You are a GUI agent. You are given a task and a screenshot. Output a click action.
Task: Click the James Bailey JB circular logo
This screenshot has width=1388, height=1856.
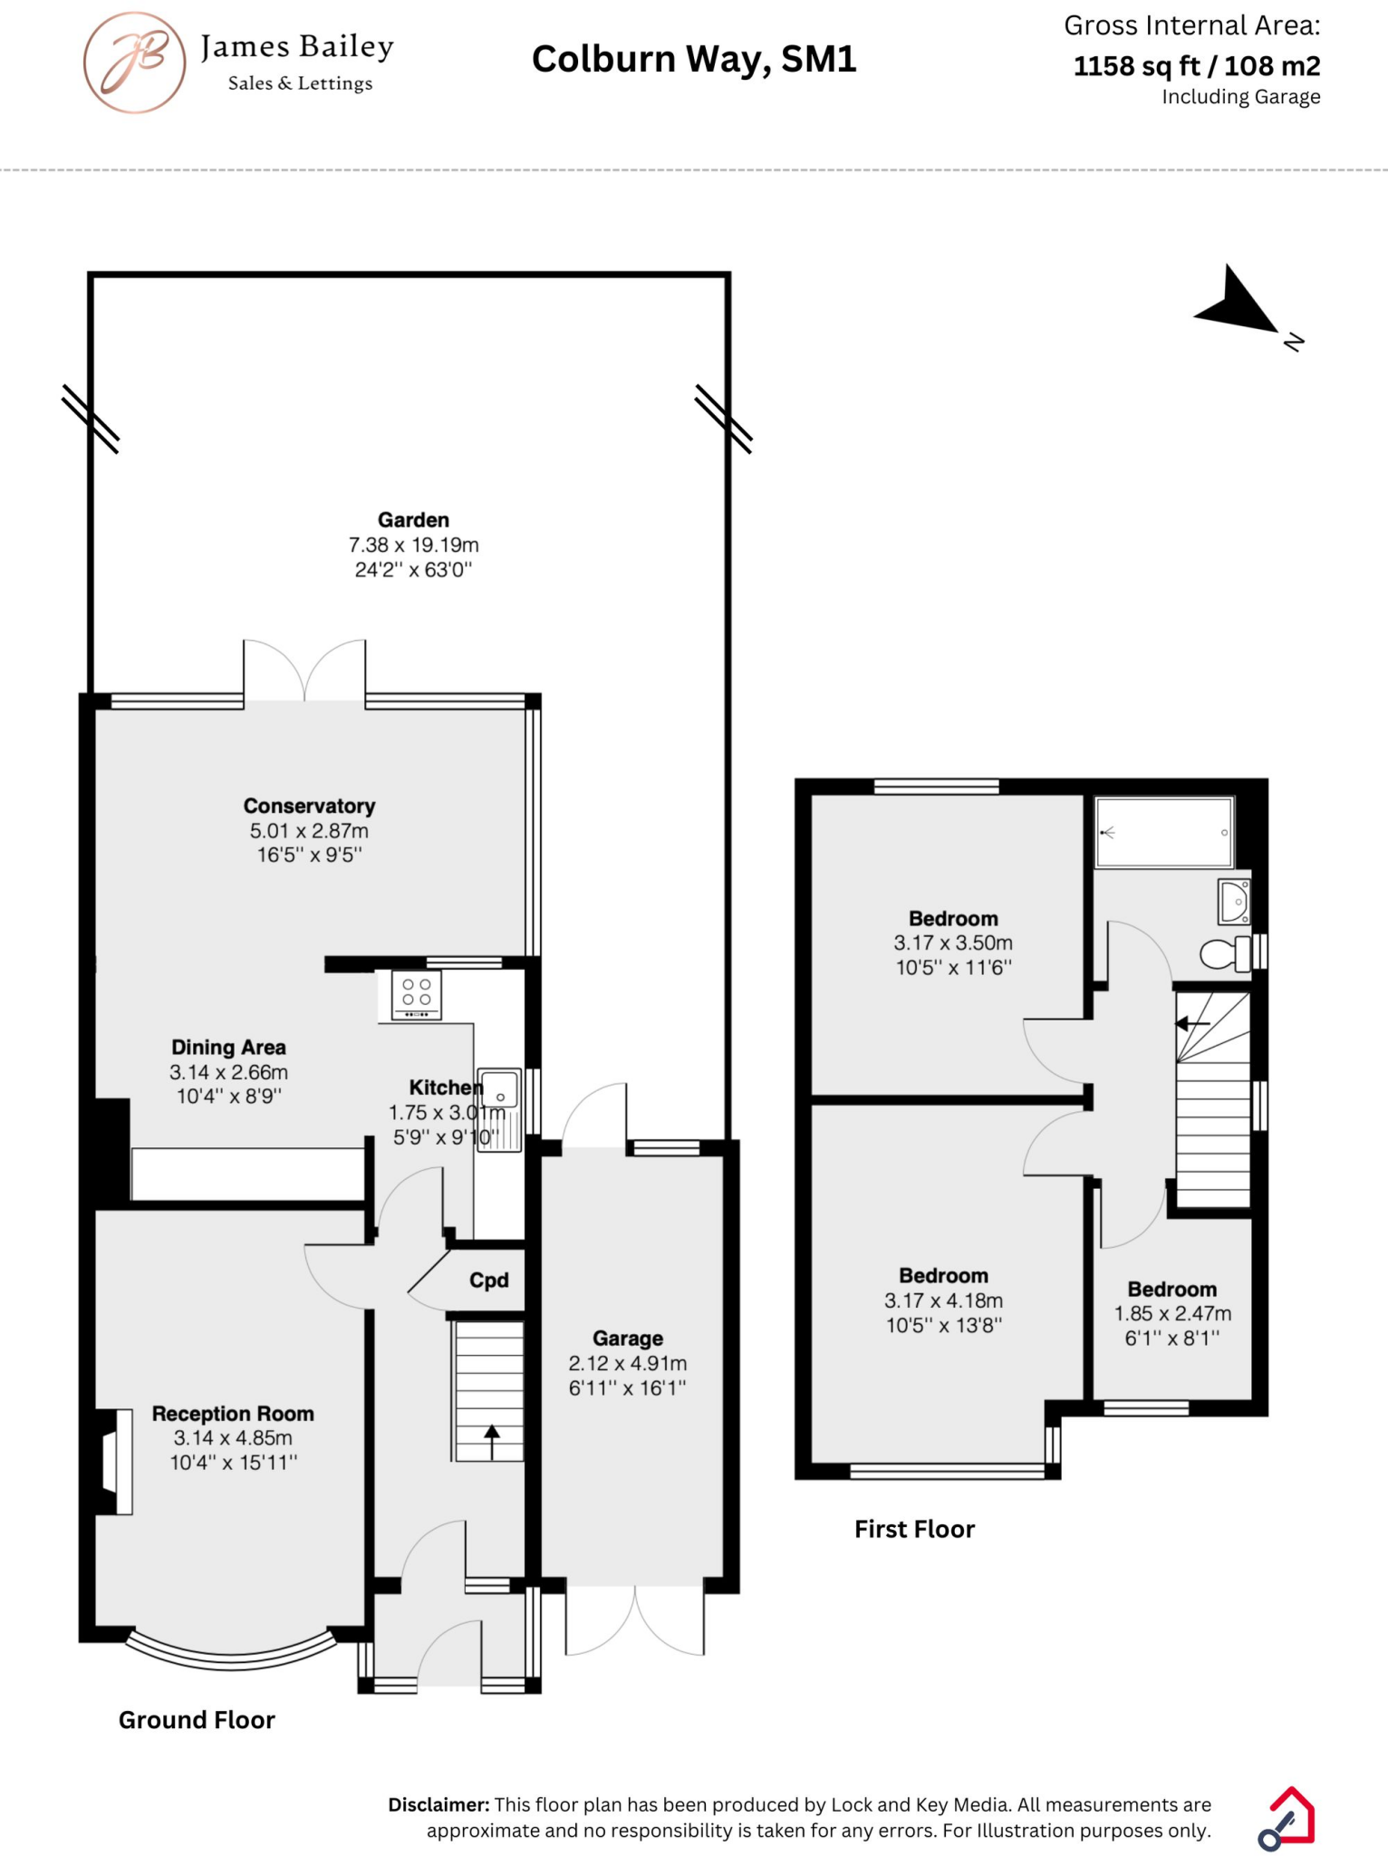click(x=134, y=62)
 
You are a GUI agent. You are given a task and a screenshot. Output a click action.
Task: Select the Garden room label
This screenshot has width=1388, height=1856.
click(x=413, y=520)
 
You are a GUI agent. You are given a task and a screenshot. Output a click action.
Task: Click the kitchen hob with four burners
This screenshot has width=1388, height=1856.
click(x=416, y=995)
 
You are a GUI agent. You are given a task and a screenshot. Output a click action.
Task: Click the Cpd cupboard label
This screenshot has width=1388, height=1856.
click(x=488, y=1281)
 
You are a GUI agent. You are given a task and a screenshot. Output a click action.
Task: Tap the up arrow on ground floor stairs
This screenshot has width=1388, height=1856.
click(x=491, y=1442)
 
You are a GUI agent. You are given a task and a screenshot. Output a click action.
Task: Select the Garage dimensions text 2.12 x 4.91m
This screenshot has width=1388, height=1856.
click(x=627, y=1363)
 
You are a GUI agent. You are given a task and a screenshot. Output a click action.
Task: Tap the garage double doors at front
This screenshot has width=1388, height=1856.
click(x=635, y=1622)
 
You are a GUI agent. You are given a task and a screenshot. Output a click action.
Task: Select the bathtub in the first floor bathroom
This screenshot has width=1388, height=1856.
click(x=1163, y=832)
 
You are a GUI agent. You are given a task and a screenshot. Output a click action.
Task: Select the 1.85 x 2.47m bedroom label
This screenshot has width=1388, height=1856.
click(x=1171, y=1313)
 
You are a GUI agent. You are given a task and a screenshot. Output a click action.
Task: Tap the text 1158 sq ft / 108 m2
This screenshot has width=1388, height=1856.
click(x=1196, y=66)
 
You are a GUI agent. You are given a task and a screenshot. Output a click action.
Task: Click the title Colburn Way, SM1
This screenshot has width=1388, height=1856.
click(x=694, y=60)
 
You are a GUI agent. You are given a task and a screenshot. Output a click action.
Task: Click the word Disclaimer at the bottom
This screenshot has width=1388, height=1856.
click(x=439, y=1804)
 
